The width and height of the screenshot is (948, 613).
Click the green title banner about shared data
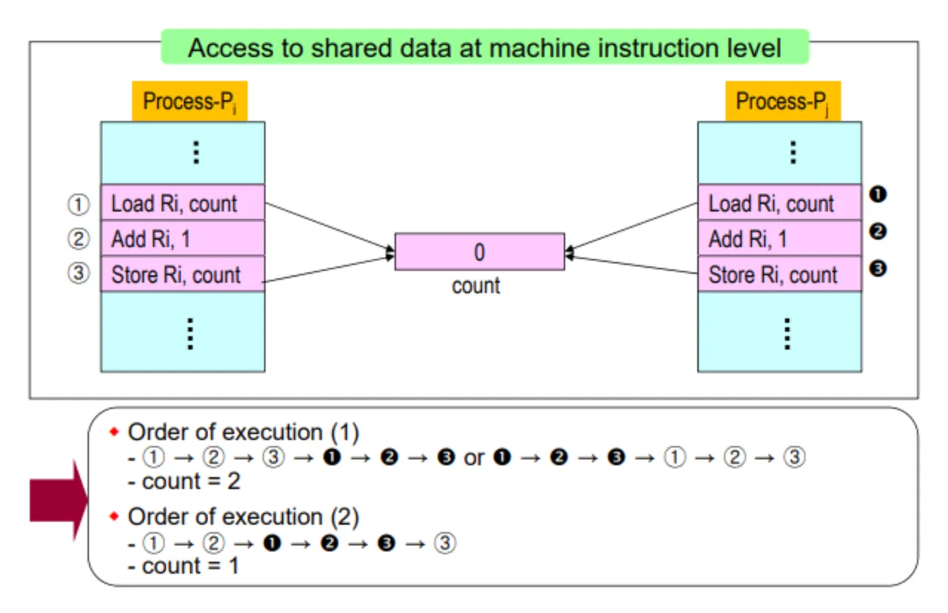tap(485, 47)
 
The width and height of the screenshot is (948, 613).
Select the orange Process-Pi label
tap(190, 101)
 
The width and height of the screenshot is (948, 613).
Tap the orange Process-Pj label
tap(783, 101)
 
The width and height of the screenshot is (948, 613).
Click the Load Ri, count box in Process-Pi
tap(182, 203)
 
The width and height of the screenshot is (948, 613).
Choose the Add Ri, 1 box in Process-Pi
tap(182, 238)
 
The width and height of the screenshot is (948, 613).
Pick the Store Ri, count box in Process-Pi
tap(182, 274)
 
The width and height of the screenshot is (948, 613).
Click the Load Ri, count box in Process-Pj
tap(780, 203)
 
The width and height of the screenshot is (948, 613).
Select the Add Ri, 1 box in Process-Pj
tap(780, 238)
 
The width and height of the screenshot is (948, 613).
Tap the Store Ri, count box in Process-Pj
tap(780, 274)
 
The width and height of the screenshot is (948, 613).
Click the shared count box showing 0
tap(479, 252)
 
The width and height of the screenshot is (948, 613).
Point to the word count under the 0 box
tap(475, 286)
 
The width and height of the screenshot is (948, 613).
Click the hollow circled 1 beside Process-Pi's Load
tap(79, 205)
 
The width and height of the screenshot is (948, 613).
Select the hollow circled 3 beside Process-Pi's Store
tap(79, 273)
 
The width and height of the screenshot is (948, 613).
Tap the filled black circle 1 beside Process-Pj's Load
tap(878, 194)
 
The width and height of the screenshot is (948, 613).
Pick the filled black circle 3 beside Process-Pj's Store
tap(878, 269)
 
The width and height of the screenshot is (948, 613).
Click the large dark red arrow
tap(59, 500)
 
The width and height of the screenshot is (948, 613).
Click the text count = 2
tap(191, 482)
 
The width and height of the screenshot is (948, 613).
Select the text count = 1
tap(190, 566)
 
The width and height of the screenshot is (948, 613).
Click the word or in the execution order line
tap(473, 459)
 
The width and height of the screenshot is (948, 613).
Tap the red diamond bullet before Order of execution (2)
tap(113, 517)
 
